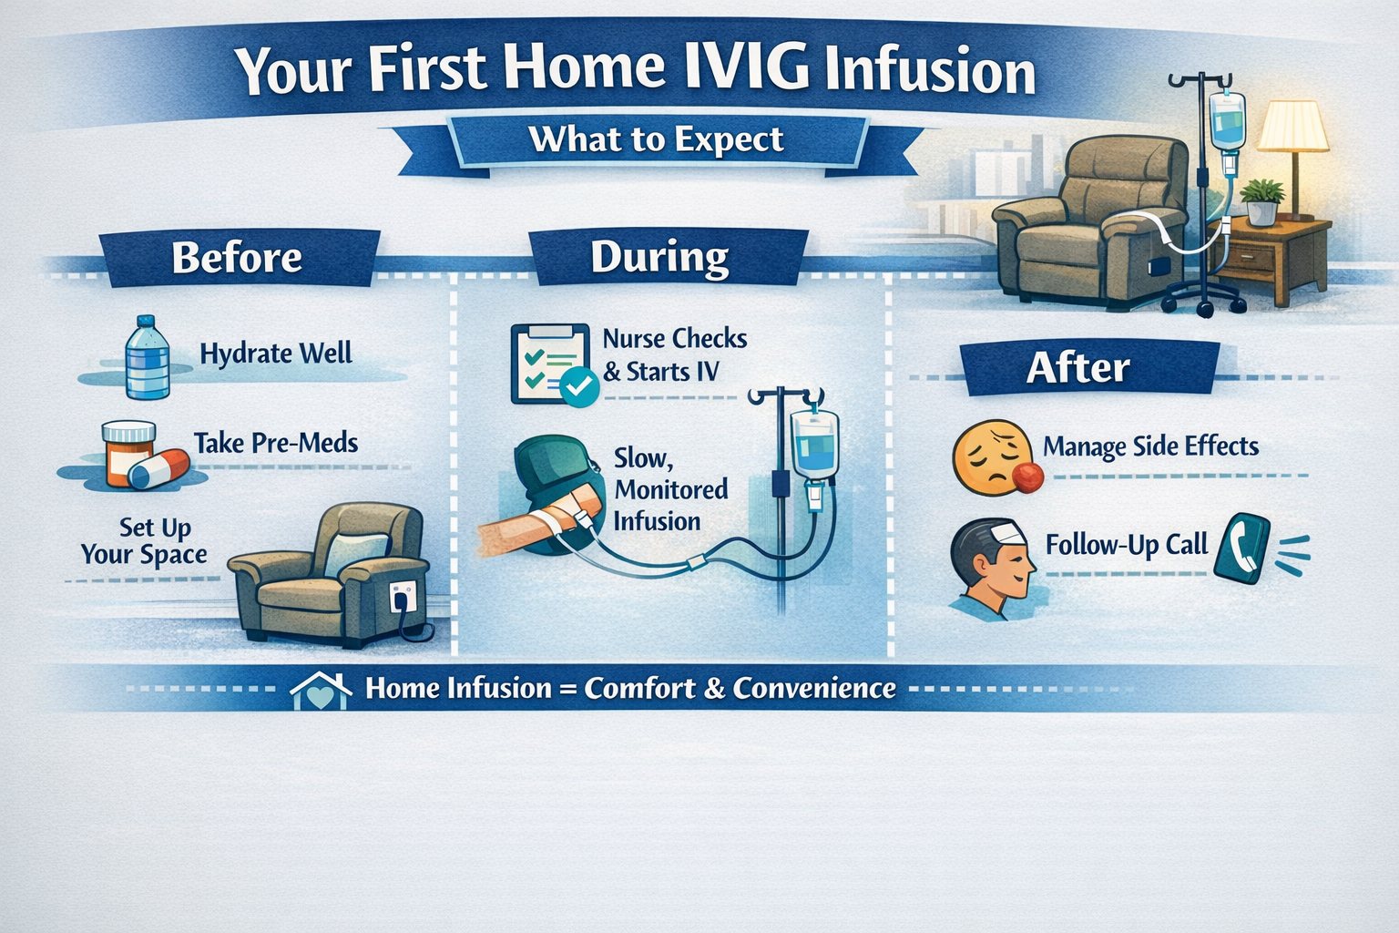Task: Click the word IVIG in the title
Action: (745, 69)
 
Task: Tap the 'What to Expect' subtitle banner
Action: (656, 139)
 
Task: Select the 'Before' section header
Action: (237, 257)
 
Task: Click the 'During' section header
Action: (659, 257)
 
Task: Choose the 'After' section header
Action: (1078, 368)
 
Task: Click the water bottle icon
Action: (147, 357)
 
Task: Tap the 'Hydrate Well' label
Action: (276, 354)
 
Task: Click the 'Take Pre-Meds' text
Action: (276, 444)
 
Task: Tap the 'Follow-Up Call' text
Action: (1126, 545)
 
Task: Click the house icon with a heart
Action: (321, 692)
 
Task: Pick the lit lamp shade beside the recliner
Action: (1292, 126)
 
